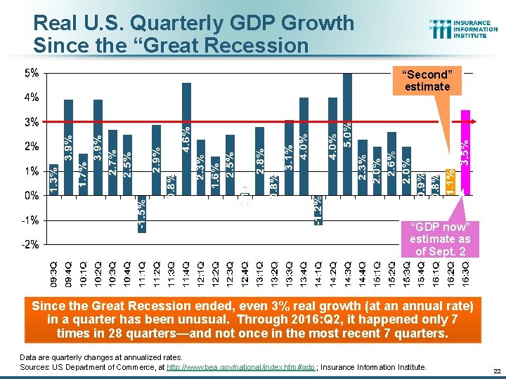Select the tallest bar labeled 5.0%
(347, 133)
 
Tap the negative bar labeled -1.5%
(142, 214)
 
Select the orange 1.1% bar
(450, 182)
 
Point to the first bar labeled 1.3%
(54, 180)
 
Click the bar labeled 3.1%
(289, 158)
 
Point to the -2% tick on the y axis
(32, 245)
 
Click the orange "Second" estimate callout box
(427, 81)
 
